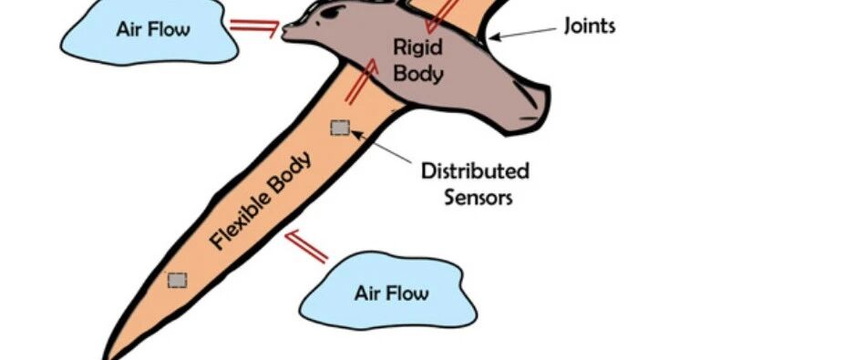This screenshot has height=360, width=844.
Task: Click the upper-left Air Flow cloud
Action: pos(150,31)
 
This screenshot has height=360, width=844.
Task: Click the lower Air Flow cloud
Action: pos(387,291)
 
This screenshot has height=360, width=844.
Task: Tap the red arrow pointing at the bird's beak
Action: pos(255,26)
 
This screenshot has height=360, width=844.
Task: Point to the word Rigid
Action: pos(417,47)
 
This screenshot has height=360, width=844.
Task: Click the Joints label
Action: pos(590,26)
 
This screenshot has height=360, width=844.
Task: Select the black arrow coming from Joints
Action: pos(522,34)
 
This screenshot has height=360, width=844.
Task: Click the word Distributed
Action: pos(475,171)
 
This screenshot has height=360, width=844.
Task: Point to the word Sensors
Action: pos(478,197)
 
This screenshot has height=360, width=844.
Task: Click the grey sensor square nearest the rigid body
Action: pos(340,129)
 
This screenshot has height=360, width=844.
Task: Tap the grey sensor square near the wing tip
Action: pos(177,281)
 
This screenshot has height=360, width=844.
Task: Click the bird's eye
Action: pos(332,11)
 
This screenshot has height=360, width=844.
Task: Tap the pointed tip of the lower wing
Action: pos(107,356)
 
